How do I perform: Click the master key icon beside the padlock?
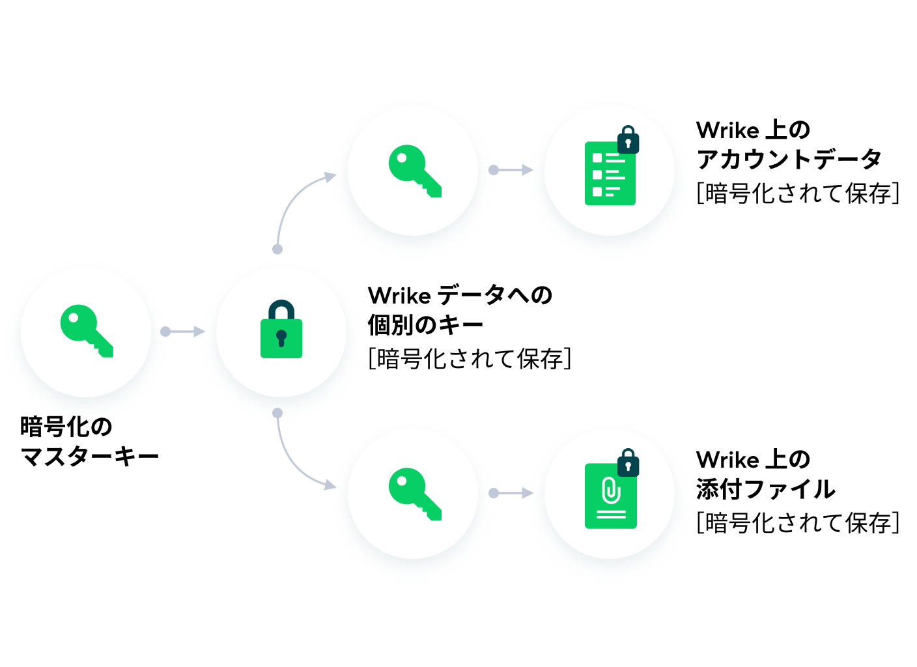[87, 331]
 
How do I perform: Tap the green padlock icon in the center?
[281, 329]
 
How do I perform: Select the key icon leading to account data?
[415, 171]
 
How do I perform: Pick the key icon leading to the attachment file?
[415, 494]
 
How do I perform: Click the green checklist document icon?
[610, 173]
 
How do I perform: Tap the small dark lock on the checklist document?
[628, 139]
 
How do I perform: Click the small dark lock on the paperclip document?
[628, 462]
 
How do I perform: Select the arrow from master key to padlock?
[182, 332]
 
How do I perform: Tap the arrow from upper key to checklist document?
[511, 170]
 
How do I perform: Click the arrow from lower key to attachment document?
[511, 493]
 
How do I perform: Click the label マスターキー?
[89, 457]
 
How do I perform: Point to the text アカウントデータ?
[789, 160]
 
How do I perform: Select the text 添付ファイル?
[765, 489]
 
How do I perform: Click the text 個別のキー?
[425, 325]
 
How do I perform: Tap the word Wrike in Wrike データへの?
[399, 296]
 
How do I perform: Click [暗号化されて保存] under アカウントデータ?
[798, 193]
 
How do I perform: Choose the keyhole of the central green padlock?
[281, 338]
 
